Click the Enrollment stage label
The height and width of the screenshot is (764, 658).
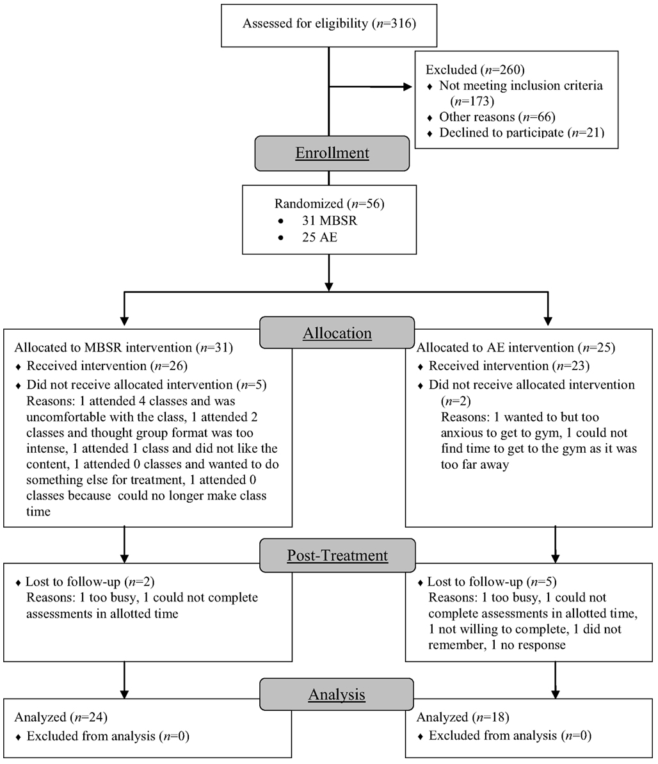coord(332,153)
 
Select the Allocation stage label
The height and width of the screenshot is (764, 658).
coord(337,333)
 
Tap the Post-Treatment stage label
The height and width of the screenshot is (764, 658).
coord(337,555)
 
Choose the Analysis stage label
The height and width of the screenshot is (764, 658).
coord(337,694)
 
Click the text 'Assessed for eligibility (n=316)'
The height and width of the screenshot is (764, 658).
coord(329,24)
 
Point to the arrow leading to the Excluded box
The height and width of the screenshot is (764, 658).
coord(370,86)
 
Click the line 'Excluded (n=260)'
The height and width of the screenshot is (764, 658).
coord(475,70)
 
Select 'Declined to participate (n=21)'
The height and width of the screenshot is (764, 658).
coord(522,133)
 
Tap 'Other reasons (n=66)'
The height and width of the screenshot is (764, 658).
coord(497,117)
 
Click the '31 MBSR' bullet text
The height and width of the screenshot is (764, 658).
coord(329,220)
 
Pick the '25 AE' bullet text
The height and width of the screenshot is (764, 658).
coord(319,238)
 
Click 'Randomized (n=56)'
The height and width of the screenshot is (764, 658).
coord(329,204)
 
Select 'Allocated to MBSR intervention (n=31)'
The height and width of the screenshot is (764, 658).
coord(124,347)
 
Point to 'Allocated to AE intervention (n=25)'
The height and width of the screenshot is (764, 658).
coord(516,347)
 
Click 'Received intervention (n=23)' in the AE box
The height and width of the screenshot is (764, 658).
coord(509,366)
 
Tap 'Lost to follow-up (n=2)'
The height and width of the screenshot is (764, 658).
coord(90,581)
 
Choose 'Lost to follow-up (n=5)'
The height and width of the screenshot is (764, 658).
coord(492,581)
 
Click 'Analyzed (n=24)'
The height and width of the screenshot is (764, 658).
coord(61,717)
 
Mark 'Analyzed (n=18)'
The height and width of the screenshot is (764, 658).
coord(463,717)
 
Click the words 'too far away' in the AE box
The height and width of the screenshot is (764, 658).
coord(475,465)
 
